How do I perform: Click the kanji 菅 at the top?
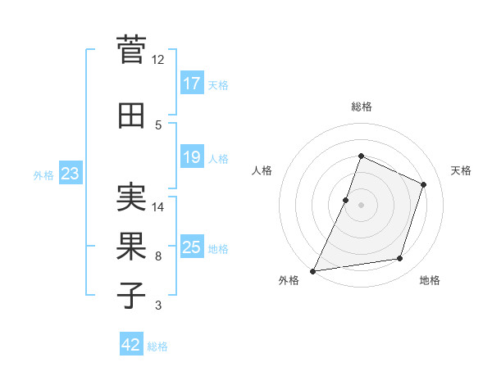coord(131,50)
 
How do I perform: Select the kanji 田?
coord(131,115)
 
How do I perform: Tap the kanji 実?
coord(131,197)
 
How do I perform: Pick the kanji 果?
coord(131,247)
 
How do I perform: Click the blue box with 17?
coord(191,84)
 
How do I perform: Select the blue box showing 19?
coord(191,157)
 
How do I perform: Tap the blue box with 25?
coord(191,247)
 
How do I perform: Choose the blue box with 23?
coord(70,174)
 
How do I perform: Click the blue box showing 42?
coord(131,345)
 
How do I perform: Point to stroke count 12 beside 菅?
coord(157,60)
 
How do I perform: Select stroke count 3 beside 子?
coord(157,306)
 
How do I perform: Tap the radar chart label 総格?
coord(361,106)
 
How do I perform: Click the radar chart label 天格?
coord(461,170)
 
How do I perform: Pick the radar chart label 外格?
coord(289,281)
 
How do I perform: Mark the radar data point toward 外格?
coord(313,270)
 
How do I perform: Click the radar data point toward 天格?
coord(424,184)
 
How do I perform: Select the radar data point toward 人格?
coord(346,200)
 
